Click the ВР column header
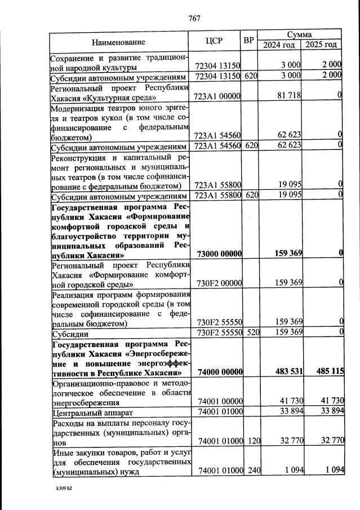[248, 41]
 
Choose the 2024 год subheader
[279, 45]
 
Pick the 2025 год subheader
[321, 45]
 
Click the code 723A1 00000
[217, 97]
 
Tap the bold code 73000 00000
[217, 254]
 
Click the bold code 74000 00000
[217, 372]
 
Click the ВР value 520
[252, 333]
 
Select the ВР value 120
[252, 442]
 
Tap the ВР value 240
[252, 472]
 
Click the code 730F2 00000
[217, 283]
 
